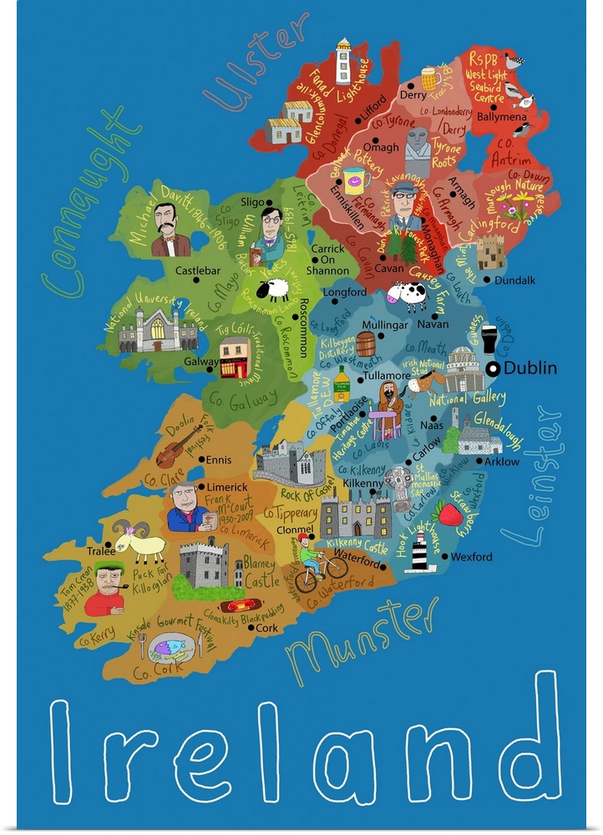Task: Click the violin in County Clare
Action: [x=179, y=445]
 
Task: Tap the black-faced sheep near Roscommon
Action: [x=272, y=290]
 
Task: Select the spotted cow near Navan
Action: [x=409, y=295]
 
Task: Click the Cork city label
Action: [x=266, y=627]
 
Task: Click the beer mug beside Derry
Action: [x=431, y=78]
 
